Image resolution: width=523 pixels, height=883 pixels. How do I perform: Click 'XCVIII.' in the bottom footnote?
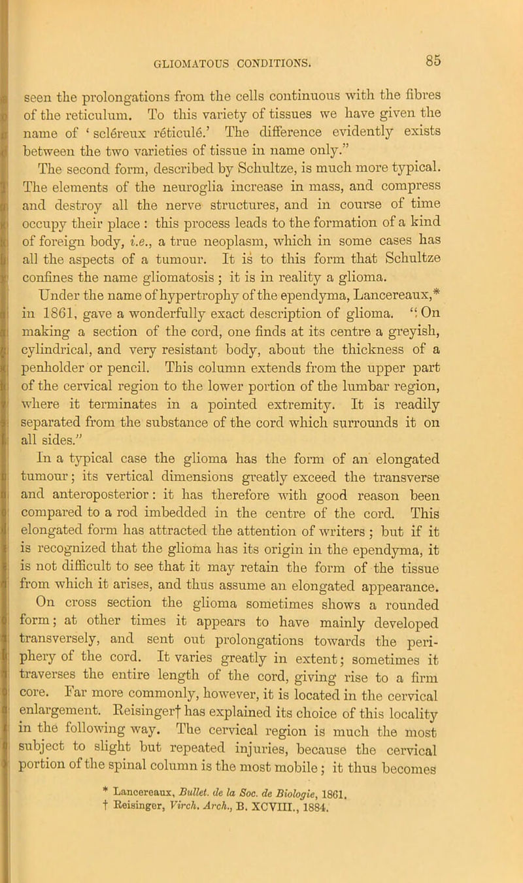[335, 822]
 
